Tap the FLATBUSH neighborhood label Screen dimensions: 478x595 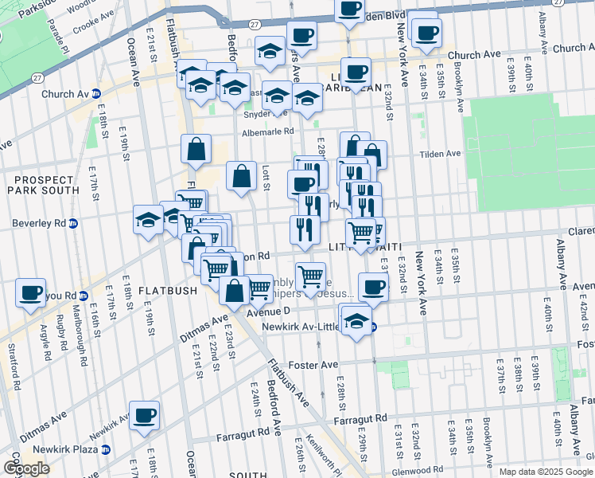coord(167,291)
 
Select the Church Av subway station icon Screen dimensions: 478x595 coord(95,93)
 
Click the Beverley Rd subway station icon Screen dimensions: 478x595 coord(72,224)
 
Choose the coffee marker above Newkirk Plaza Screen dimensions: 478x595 coord(144,414)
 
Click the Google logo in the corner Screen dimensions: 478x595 coord(26,468)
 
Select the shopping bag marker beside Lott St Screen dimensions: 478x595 coord(241,177)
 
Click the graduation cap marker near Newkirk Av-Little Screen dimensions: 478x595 coord(357,321)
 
